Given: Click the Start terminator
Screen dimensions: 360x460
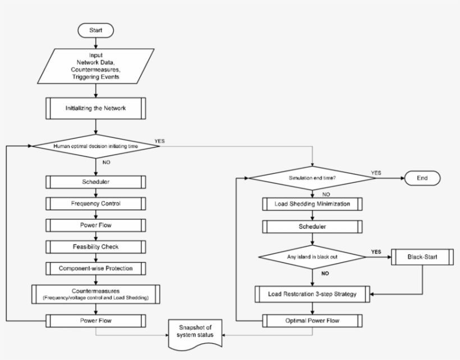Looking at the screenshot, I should pyautogui.click(x=96, y=30).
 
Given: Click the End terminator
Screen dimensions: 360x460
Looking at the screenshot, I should pyautogui.click(x=422, y=178).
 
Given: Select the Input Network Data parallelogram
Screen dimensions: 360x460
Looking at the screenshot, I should pyautogui.click(x=96, y=67).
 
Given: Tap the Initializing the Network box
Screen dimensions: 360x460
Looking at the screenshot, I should pyautogui.click(x=96, y=108).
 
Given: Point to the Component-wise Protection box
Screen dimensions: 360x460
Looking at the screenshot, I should pyautogui.click(x=96, y=268).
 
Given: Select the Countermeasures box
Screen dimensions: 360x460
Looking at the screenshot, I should pyautogui.click(x=96, y=293).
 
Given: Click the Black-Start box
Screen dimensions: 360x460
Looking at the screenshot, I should pyautogui.click(x=422, y=257).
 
